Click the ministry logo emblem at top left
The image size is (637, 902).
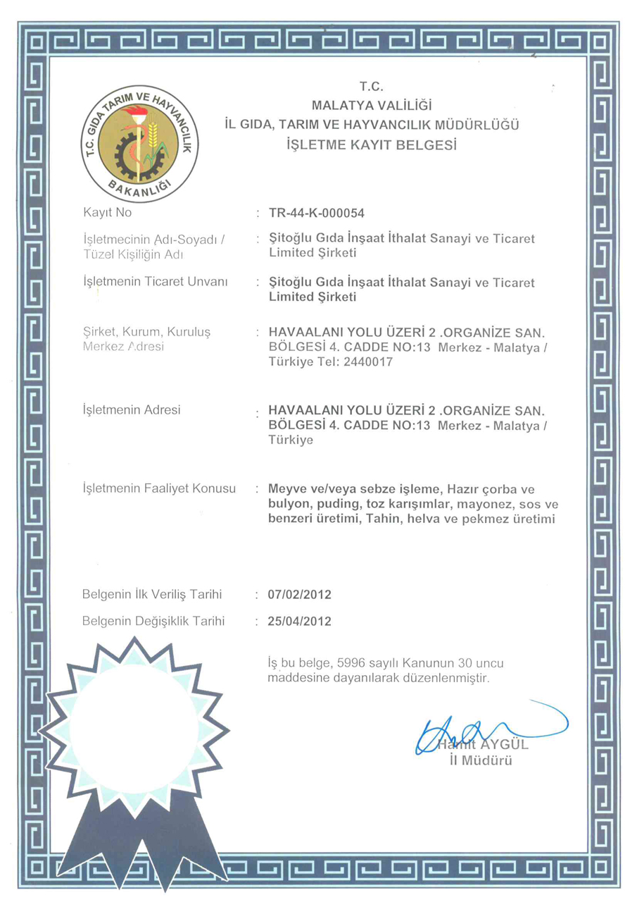[139, 143]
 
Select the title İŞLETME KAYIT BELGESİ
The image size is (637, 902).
[372, 146]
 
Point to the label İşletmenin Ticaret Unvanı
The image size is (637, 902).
[156, 282]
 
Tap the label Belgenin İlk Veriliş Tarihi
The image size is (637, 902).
[152, 595]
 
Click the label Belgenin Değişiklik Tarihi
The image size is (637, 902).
[153, 622]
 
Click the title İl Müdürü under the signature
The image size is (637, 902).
[479, 760]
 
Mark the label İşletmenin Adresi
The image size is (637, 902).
[132, 409]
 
